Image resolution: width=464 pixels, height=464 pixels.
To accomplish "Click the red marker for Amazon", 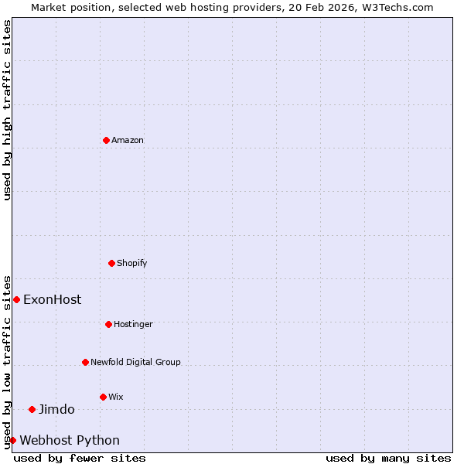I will coord(106,140).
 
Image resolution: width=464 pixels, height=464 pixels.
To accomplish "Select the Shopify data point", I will coord(111,263).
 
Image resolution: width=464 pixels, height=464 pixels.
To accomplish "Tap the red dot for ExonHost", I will coord(16,299).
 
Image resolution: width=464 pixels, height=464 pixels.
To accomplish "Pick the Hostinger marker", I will coord(108,324).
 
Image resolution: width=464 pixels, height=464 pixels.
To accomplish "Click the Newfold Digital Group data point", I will coord(85,362).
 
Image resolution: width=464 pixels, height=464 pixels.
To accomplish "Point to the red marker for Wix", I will coord(103,397).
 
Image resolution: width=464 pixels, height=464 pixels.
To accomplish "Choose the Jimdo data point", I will coord(32,409).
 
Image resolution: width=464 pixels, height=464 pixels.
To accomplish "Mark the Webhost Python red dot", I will coord(12,440).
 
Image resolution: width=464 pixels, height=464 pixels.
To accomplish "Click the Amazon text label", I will coord(128,140).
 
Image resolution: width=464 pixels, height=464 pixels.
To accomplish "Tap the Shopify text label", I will coord(132,263).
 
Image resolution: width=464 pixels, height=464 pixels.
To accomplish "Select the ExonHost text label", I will coord(52,299).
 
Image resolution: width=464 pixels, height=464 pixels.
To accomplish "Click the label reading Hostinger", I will coord(133,324).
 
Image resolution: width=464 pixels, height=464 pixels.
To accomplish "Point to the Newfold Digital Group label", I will coord(135,362).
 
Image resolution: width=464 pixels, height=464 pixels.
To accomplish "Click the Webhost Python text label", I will coord(70,440).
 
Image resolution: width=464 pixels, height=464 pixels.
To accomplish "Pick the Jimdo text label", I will coord(56,409).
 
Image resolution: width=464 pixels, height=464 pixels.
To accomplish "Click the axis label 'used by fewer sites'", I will coord(80,458).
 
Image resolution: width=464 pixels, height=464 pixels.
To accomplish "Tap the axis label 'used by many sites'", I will coord(388,458).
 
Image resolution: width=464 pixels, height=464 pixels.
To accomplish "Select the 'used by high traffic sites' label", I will coord(7,110).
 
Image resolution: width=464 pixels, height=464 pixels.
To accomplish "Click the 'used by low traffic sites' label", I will coord(7,361).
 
